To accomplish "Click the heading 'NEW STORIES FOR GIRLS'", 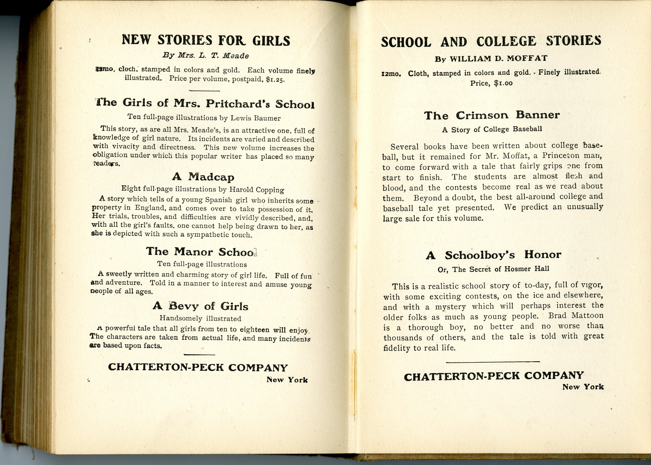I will [206, 40].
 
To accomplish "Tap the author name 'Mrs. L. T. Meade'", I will [213, 55].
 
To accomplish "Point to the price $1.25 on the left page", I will [275, 80].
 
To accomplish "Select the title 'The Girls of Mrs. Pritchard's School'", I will [205, 103].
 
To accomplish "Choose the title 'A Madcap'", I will [203, 177].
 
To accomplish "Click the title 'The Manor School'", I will [202, 252].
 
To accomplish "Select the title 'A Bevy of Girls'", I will [200, 306].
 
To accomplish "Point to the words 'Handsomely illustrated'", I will [200, 318].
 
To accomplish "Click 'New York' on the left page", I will [287, 380].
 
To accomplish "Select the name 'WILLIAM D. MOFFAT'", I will [498, 59].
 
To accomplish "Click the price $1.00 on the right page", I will [503, 83].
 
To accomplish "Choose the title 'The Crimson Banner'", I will [492, 115].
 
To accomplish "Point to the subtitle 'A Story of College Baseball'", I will [492, 129].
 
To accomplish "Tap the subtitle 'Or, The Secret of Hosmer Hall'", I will [493, 269].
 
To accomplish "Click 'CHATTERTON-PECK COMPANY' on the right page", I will [493, 376].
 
